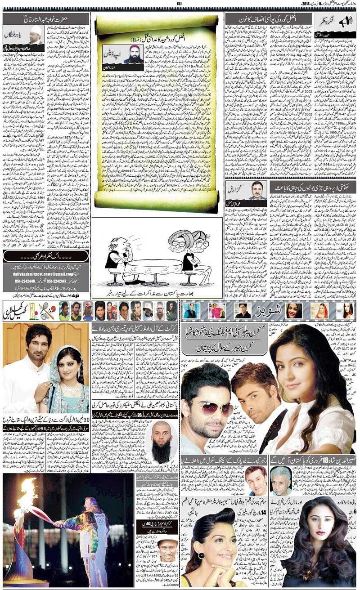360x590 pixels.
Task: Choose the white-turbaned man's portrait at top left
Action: [32, 34]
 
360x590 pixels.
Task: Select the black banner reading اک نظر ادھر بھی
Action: [45, 256]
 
